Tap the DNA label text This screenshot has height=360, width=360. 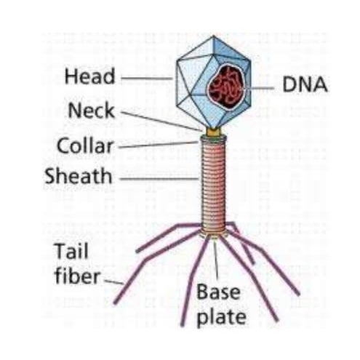tap(304, 85)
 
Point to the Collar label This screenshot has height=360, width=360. tap(85, 145)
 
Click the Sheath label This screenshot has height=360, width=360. tap(78, 176)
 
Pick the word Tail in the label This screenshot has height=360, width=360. tap(71, 252)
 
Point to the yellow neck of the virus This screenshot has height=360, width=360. tap(214, 132)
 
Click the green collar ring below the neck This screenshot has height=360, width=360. tap(214, 138)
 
